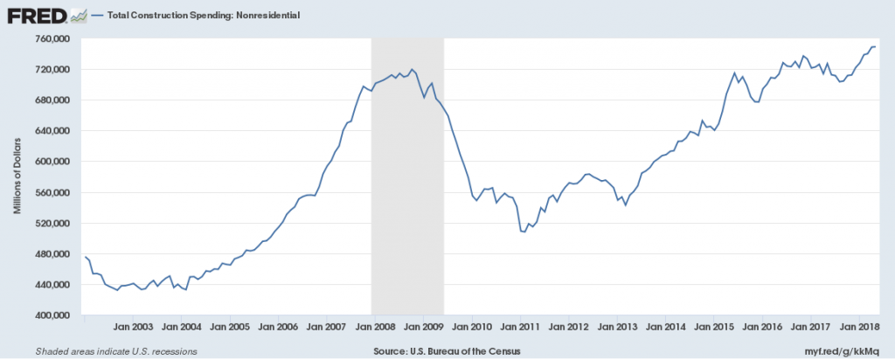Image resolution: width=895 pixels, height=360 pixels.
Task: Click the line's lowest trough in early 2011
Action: [524, 232]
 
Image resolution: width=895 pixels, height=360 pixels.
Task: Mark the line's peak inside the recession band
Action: [413, 70]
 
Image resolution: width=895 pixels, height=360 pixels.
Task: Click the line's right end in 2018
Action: [876, 46]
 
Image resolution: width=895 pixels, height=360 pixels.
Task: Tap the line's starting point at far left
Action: [85, 257]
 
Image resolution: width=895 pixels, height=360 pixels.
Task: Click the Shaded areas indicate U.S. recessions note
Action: [115, 350]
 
